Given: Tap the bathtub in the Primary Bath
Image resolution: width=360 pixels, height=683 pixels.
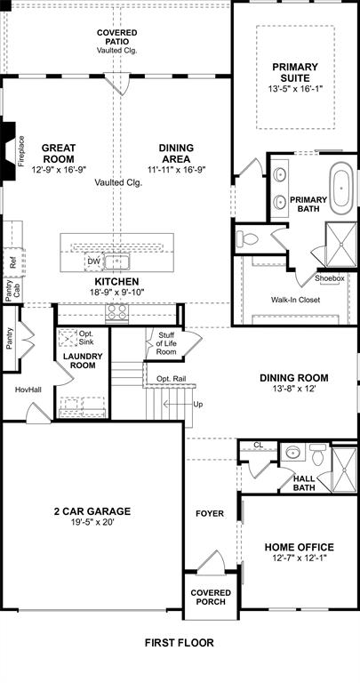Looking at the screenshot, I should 341,188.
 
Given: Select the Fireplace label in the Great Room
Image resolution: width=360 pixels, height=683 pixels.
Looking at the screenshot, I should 22,150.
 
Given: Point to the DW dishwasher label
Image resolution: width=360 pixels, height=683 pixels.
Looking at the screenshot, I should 94,261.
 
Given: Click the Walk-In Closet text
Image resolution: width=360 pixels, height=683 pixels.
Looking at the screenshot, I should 295,300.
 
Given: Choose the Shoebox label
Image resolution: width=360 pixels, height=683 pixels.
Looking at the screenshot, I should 329,278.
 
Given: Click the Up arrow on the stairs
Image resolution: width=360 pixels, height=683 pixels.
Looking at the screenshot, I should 197,405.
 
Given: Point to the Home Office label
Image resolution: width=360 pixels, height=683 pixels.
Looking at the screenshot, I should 300,547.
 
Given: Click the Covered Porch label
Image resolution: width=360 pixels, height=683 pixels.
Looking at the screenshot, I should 211,598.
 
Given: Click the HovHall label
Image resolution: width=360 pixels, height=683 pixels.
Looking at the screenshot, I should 28,390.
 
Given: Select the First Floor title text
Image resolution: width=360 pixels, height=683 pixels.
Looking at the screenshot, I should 180,641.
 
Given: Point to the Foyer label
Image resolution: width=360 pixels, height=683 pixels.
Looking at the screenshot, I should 211,513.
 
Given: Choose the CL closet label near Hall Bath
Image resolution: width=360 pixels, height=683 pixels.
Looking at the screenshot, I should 259,445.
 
